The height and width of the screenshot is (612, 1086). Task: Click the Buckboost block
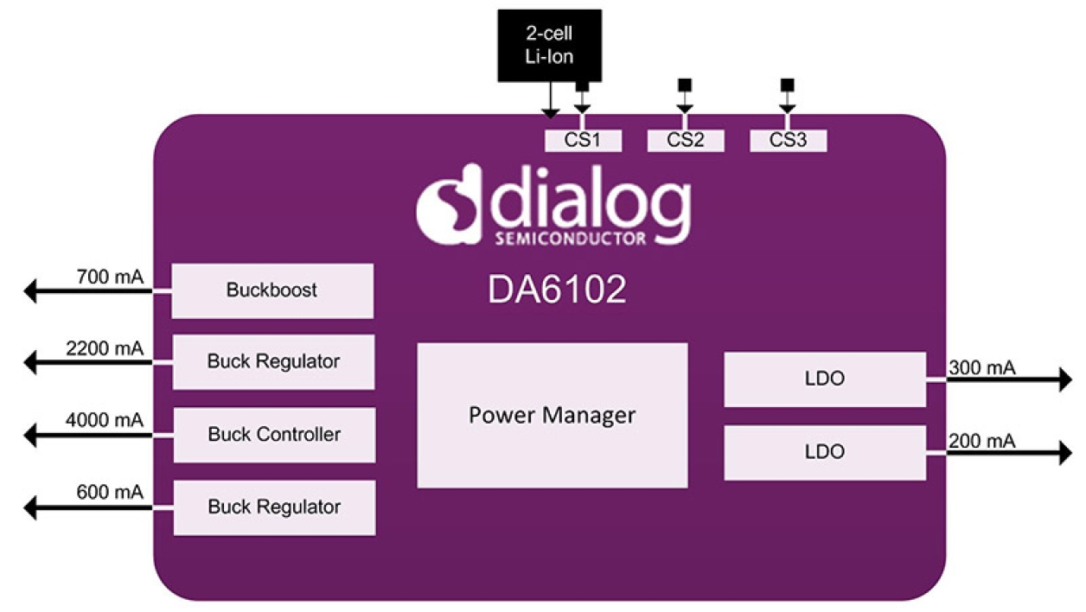tap(272, 290)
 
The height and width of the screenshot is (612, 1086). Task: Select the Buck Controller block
tap(274, 434)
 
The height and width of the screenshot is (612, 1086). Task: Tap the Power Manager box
tap(552, 415)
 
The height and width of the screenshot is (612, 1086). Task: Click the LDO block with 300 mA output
tap(824, 379)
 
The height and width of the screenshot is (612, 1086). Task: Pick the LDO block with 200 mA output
tap(824, 452)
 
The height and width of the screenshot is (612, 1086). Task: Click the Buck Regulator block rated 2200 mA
tap(273, 361)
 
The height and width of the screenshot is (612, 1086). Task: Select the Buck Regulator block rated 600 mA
tap(274, 507)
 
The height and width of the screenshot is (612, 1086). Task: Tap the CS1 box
tap(583, 140)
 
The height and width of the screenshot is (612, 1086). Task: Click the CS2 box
tap(685, 140)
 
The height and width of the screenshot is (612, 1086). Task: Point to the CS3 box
tap(788, 140)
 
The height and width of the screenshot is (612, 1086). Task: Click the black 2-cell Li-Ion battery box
tap(550, 45)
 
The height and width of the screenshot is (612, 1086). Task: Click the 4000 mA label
tap(105, 421)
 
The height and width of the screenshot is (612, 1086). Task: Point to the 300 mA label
tap(981, 368)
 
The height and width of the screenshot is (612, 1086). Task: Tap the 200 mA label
tap(981, 442)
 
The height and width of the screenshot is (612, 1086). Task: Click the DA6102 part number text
tap(557, 291)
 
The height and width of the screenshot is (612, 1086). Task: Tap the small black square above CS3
tap(787, 85)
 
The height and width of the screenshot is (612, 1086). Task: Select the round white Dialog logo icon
tap(444, 206)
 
